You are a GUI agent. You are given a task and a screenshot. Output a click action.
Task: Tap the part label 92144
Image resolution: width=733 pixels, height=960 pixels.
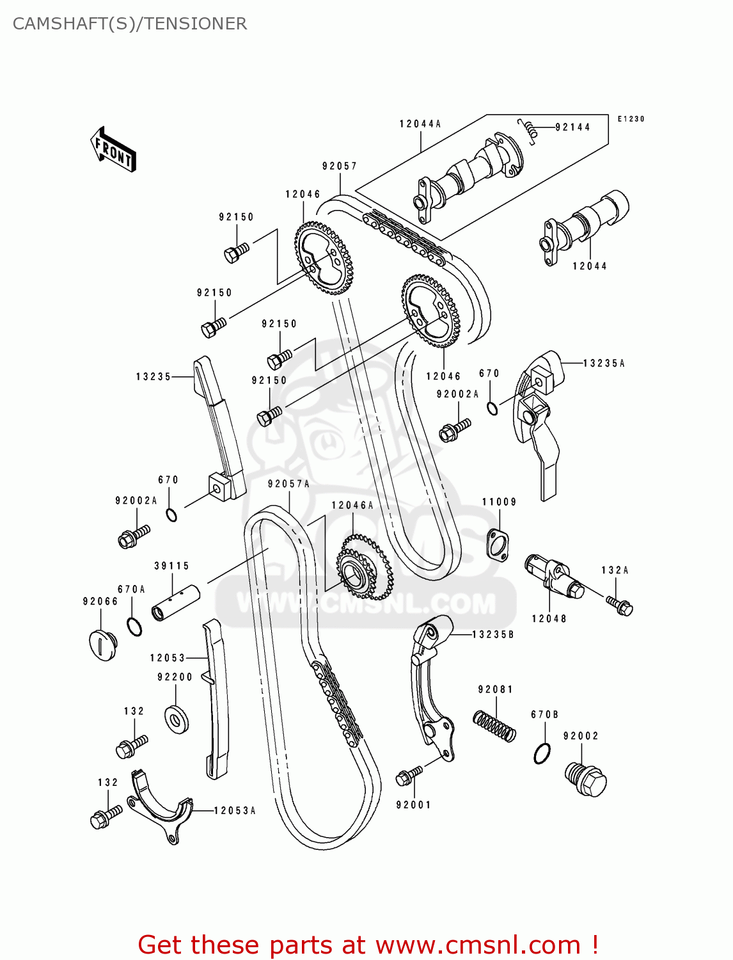[x=572, y=127]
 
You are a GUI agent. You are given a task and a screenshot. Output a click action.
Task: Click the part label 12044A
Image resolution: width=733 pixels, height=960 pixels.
[x=420, y=124]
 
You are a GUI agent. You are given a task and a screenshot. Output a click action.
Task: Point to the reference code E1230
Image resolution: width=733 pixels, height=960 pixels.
[x=631, y=119]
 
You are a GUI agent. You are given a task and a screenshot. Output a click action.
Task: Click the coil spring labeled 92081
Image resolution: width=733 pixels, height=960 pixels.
[x=494, y=725]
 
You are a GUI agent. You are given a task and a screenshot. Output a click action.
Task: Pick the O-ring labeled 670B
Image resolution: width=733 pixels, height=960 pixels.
[x=542, y=753]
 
